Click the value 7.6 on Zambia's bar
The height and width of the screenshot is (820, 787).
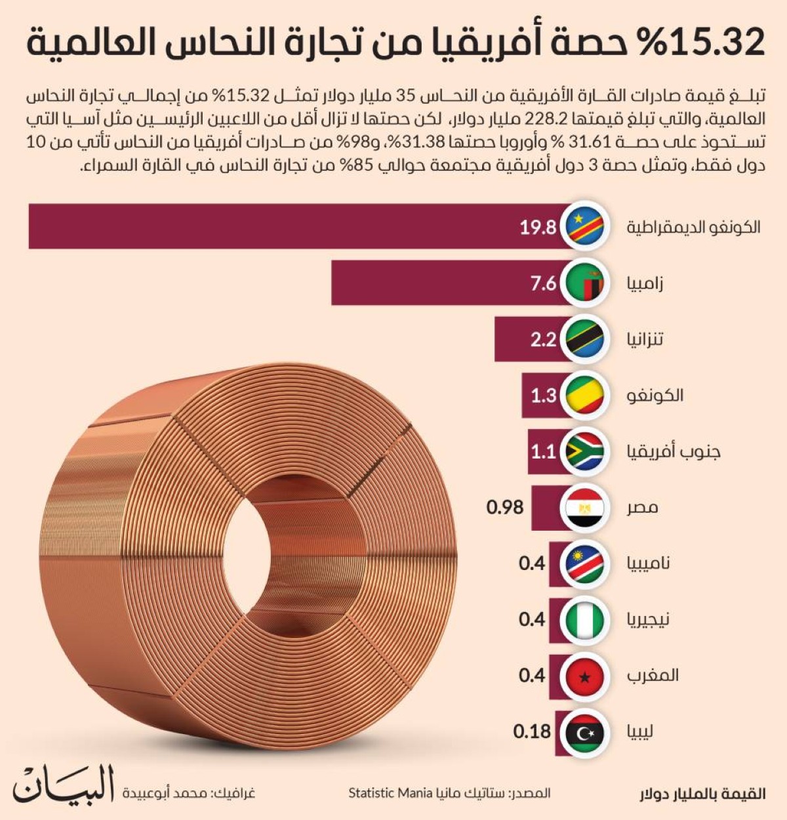[x=543, y=283]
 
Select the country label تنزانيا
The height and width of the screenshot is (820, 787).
[x=645, y=339]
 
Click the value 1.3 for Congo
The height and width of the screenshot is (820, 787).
[x=543, y=396]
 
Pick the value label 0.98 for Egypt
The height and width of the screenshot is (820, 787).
[x=505, y=507]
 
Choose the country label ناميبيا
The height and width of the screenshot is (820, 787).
[x=648, y=564]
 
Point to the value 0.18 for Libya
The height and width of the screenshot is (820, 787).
[x=532, y=731]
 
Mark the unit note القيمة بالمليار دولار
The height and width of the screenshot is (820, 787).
[x=702, y=794]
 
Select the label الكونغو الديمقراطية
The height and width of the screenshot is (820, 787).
[x=693, y=227]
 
